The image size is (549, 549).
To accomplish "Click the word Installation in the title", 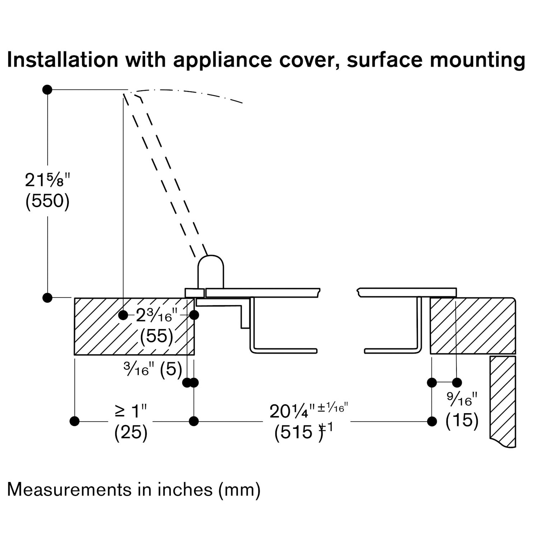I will tap(62, 60).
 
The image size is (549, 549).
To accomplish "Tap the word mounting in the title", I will tap(478, 60).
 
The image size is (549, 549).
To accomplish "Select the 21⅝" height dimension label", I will tap(47, 180).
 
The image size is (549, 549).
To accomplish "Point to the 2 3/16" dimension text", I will tap(156, 315).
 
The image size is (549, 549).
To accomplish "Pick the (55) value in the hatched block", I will tap(156, 336).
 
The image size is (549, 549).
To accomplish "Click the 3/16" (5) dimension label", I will tap(153, 370).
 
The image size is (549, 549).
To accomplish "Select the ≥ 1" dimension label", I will tap(131, 411).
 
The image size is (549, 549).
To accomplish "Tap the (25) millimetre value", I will tap(131, 432).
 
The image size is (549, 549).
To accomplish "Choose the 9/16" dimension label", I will tap(462, 399).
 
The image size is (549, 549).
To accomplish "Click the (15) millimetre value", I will tap(462, 420).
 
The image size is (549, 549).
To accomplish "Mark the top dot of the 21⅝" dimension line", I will tap(47, 90).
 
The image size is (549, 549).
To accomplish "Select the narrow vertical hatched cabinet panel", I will tap(503, 401).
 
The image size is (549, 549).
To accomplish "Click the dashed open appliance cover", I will tap(165, 172).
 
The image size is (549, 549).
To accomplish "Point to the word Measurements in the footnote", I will tap(70, 490).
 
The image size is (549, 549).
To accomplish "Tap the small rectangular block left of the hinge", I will tap(194, 293).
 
